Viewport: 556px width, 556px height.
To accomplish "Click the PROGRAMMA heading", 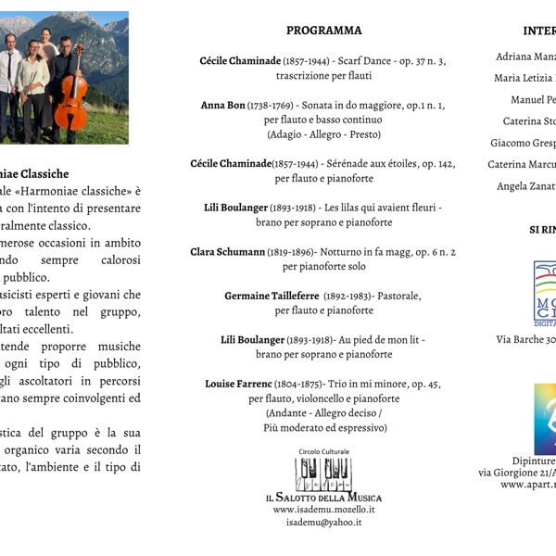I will (323, 31).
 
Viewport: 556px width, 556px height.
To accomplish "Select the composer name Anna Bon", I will (222, 106).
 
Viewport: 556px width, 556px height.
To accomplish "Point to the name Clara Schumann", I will (227, 252).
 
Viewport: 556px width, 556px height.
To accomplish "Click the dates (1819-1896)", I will (290, 252).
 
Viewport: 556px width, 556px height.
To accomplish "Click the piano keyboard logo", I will (323, 474).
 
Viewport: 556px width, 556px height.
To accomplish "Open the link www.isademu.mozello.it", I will (323, 510).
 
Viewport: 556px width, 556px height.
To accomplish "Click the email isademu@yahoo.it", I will (323, 523).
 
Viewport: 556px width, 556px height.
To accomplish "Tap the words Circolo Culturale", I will (323, 451).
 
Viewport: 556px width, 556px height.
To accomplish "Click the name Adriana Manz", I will (526, 57).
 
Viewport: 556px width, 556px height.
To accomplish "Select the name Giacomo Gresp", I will (524, 143).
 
